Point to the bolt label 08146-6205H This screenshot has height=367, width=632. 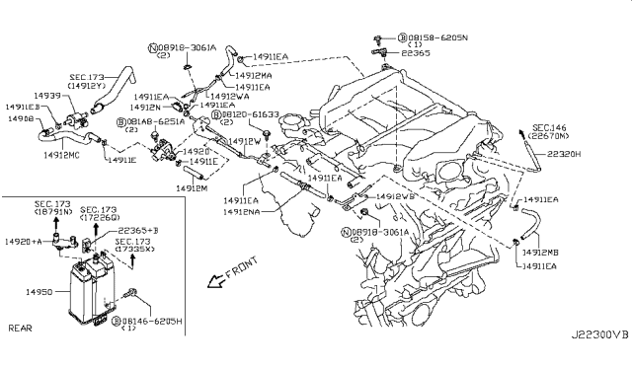click(x=154, y=322)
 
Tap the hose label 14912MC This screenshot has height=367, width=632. click(x=61, y=155)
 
